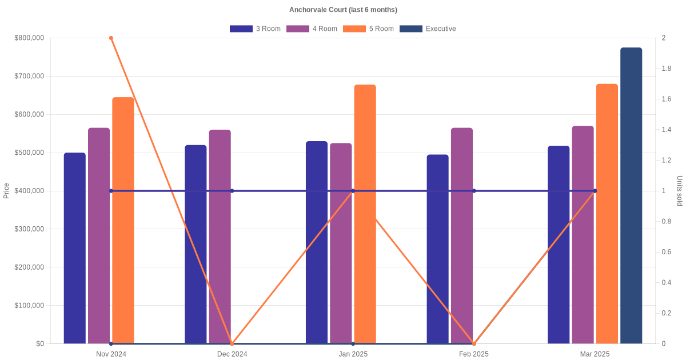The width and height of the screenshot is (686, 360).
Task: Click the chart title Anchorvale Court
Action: click(x=343, y=10)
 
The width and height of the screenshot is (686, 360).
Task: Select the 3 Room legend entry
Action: click(x=255, y=29)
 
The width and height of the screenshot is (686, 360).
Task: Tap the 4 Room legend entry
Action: click(x=312, y=29)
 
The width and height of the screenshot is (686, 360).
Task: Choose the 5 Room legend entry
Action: click(x=368, y=29)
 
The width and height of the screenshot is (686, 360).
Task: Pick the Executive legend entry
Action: click(x=427, y=29)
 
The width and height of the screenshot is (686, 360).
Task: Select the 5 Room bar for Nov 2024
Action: click(x=123, y=220)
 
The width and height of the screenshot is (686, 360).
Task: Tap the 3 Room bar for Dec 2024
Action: click(x=196, y=244)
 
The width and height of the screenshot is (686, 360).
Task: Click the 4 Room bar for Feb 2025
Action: click(x=462, y=235)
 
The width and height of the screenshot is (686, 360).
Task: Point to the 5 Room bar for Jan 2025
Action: click(x=365, y=214)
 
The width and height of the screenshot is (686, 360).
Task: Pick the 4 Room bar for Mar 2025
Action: click(x=583, y=234)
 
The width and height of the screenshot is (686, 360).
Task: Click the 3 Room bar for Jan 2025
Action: click(x=317, y=242)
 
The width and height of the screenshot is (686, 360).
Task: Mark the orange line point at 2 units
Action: click(x=111, y=38)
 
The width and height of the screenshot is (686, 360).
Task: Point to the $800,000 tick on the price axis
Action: click(x=29, y=38)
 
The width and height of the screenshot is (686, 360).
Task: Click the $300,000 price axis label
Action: click(x=29, y=229)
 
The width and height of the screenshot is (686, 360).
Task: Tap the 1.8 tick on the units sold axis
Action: click(x=667, y=69)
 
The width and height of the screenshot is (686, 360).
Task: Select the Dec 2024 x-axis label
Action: click(x=232, y=354)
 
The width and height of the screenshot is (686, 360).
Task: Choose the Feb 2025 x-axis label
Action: click(x=474, y=354)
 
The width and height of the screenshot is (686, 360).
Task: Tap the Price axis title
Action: click(x=6, y=191)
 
